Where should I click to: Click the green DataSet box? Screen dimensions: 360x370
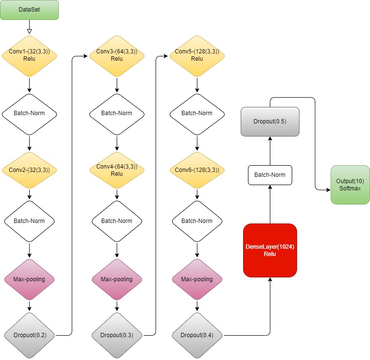pos(30,10)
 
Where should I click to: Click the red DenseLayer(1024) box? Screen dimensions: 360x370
pos(270,250)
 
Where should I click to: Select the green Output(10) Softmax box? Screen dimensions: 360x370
pos(350,185)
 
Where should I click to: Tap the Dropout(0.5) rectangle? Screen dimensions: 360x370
pos(270,121)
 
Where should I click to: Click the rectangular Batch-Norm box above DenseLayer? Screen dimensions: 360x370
pos(270,175)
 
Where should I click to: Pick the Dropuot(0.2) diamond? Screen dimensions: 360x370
pos(30,335)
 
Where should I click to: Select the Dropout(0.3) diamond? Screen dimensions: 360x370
pos(117,335)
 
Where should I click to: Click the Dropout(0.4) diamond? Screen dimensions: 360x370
pos(197,335)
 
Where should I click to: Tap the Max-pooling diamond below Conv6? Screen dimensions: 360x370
pos(197,279)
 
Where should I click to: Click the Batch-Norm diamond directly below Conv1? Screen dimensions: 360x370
pos(30,114)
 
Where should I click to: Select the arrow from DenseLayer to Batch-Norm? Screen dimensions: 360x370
pos(270,204)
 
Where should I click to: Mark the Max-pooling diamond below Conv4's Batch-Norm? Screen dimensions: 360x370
pos(117,279)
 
